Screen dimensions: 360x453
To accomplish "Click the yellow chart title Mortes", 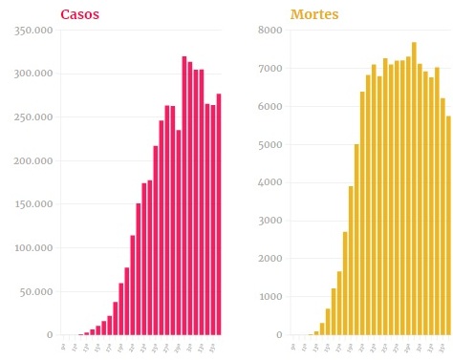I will [x=314, y=14].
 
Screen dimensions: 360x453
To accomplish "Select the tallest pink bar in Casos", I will [x=184, y=196].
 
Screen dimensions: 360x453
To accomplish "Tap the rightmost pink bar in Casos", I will [x=219, y=214].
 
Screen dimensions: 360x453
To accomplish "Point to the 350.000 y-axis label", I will [x=33, y=31].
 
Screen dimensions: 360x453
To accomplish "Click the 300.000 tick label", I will [x=33, y=74].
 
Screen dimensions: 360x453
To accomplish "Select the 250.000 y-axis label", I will [x=33, y=117].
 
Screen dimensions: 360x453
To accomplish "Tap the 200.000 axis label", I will [x=33, y=161].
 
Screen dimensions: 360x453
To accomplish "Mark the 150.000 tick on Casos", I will [x=33, y=204].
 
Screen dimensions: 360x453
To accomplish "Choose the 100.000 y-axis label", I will [x=33, y=248].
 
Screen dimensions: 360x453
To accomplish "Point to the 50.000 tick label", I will [x=36, y=291].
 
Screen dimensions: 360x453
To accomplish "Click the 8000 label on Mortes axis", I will [x=270, y=31].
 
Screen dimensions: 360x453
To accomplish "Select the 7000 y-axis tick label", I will [x=270, y=69].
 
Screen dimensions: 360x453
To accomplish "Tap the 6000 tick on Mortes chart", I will [x=270, y=107].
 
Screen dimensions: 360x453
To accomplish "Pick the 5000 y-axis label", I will [x=270, y=145].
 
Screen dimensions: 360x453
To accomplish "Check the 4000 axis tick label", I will [x=270, y=182].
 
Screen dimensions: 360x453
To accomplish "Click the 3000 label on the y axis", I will [x=270, y=221].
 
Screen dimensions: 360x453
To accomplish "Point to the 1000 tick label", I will [x=270, y=297].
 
